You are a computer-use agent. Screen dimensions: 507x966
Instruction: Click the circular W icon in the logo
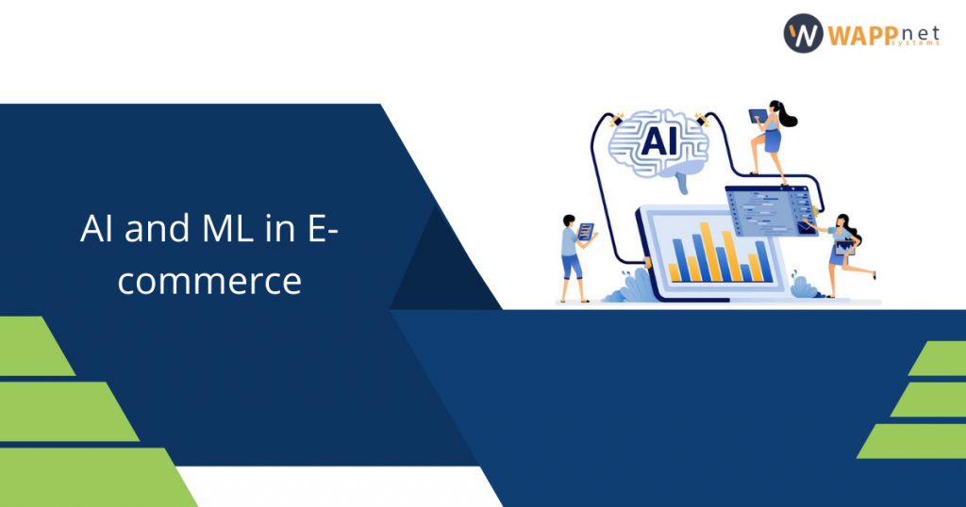(x=802, y=33)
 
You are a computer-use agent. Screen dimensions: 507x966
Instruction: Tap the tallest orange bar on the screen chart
(x=727, y=255)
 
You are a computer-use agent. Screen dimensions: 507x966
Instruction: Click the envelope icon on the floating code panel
(x=808, y=226)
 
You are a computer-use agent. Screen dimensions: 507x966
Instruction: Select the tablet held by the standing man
(x=586, y=230)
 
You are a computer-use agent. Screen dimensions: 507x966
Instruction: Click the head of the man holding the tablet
(x=569, y=221)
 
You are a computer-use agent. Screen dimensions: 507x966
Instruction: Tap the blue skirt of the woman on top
(x=772, y=141)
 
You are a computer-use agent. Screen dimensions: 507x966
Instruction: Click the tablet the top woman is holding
(x=757, y=116)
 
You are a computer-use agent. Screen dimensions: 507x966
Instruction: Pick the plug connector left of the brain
(x=618, y=120)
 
